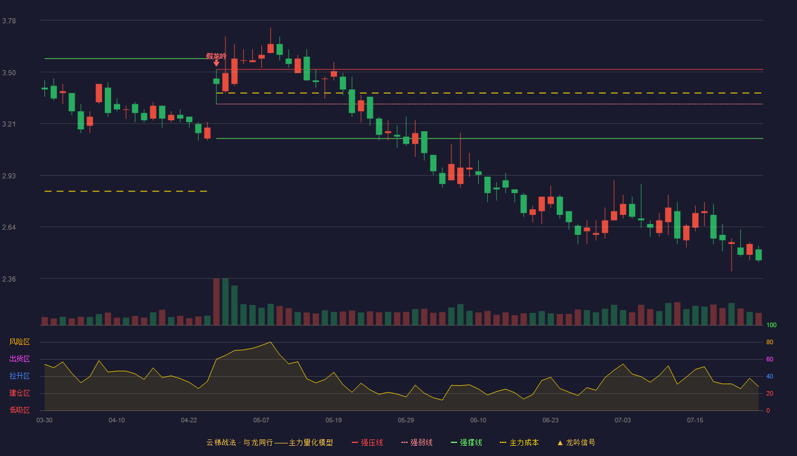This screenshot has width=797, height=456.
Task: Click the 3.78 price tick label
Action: (9, 21)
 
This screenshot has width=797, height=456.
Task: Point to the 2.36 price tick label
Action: (9, 279)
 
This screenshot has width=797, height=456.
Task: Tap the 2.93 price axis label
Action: (9, 176)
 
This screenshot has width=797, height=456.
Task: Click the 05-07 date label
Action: (261, 421)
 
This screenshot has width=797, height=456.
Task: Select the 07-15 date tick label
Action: (695, 421)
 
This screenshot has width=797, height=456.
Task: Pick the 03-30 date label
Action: (44, 421)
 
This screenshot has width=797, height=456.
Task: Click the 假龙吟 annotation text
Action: (216, 56)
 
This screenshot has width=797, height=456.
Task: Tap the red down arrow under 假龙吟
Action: (216, 64)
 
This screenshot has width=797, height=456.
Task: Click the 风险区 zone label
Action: (19, 342)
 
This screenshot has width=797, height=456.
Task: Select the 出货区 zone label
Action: (19, 359)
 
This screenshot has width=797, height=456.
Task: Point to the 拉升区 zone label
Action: (19, 376)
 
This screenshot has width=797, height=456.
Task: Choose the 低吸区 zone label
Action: (19, 410)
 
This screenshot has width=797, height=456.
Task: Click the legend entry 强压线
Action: (367, 442)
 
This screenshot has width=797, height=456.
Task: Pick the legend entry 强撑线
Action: (466, 442)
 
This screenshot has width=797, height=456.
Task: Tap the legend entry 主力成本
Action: (519, 442)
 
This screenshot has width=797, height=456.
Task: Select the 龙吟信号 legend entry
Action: (576, 442)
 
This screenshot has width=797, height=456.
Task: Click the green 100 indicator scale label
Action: (771, 325)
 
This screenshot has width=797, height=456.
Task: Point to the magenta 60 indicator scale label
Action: (770, 359)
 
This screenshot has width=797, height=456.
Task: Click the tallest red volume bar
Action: (216, 302)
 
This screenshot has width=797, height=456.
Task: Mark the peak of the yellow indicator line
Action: (270, 342)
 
